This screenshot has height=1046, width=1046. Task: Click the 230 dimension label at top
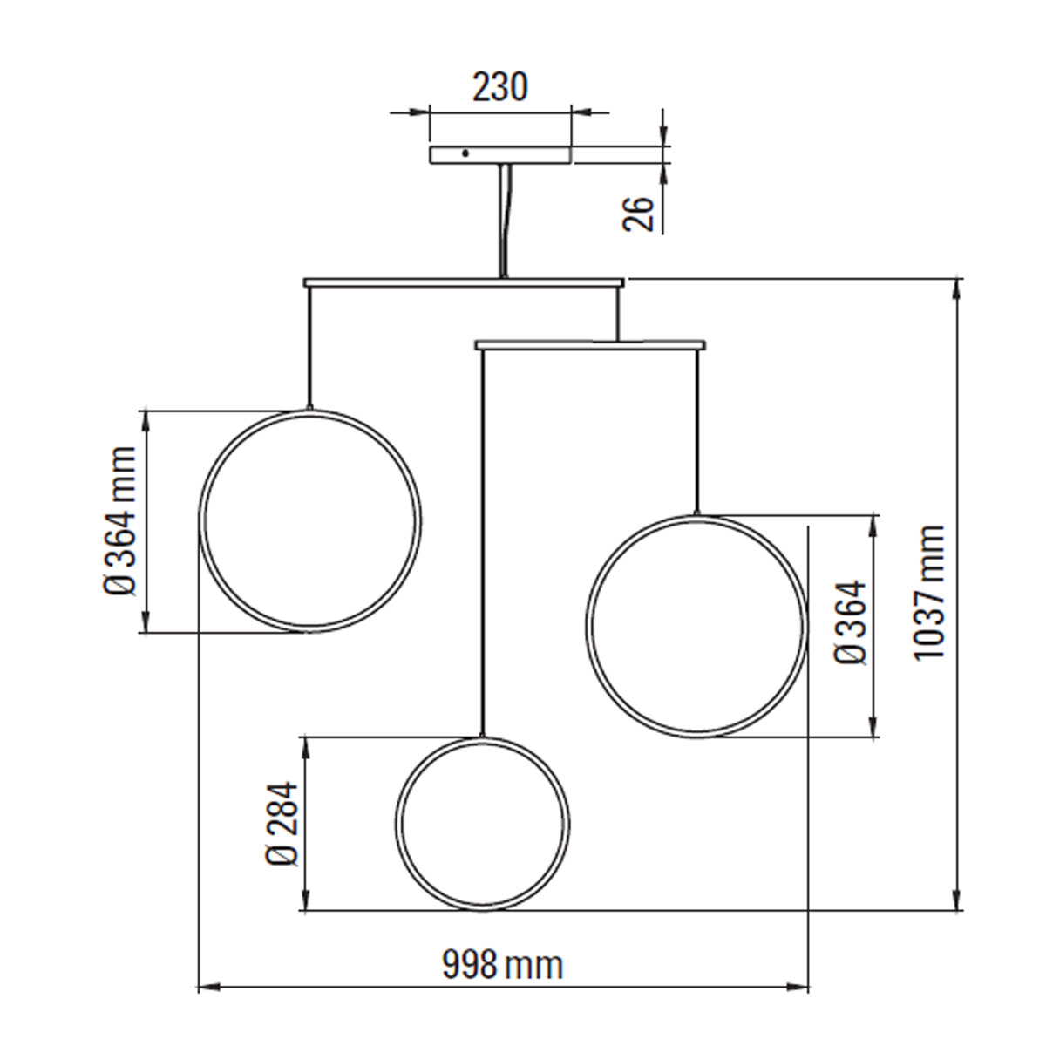[x=500, y=87]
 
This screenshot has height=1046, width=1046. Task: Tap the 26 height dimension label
[x=639, y=213]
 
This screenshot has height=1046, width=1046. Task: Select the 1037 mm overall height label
[x=930, y=592]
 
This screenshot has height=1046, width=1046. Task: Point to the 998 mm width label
[x=503, y=965]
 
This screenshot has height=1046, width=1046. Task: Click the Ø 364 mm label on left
[x=119, y=521]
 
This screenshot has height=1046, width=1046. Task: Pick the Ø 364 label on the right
[x=852, y=623]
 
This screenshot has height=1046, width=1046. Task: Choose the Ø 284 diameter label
[x=282, y=824]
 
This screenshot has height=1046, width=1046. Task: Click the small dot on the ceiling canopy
[x=465, y=153]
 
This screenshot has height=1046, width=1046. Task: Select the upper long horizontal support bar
[x=392, y=282]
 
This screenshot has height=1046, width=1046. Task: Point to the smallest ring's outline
[x=398, y=824]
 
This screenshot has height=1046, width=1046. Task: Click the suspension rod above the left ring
[x=309, y=349]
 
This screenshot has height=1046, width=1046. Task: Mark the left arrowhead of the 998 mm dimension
[x=206, y=988]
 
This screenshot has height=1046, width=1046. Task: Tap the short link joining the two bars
[x=617, y=314]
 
